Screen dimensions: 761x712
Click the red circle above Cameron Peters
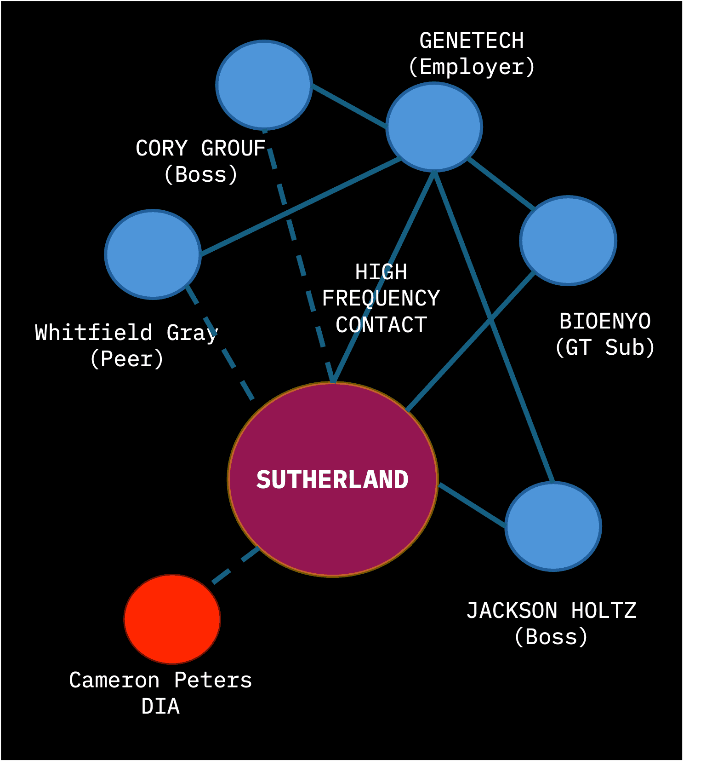(x=172, y=619)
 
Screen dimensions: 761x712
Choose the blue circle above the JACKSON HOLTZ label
(x=553, y=526)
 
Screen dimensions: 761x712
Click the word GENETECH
(x=472, y=40)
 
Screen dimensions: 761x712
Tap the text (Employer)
(x=472, y=67)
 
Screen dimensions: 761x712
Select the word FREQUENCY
(x=381, y=298)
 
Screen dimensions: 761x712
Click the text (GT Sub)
(x=605, y=347)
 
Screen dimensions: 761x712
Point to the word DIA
(x=160, y=706)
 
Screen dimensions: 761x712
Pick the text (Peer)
(x=127, y=359)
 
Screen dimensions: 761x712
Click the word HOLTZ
(x=604, y=611)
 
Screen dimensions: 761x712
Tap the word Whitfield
(x=93, y=332)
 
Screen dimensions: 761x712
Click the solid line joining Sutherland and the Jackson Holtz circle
(x=472, y=505)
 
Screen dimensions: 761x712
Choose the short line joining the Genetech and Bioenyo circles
(x=501, y=183)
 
